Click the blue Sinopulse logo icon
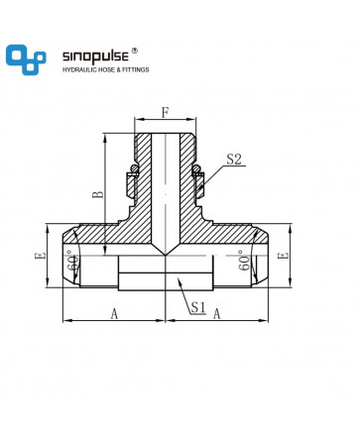pyautogui.click(x=26, y=59)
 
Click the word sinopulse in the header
pyautogui.click(x=95, y=56)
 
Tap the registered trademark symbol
pyautogui.click(x=135, y=51)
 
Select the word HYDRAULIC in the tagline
pyautogui.click(x=78, y=69)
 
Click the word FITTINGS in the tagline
pyautogui.click(x=136, y=69)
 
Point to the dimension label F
pyautogui.click(x=166, y=112)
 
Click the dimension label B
pyautogui.click(x=98, y=194)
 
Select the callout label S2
pyautogui.click(x=234, y=160)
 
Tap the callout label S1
pyautogui.click(x=198, y=307)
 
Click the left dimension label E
pyautogui.click(x=41, y=256)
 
